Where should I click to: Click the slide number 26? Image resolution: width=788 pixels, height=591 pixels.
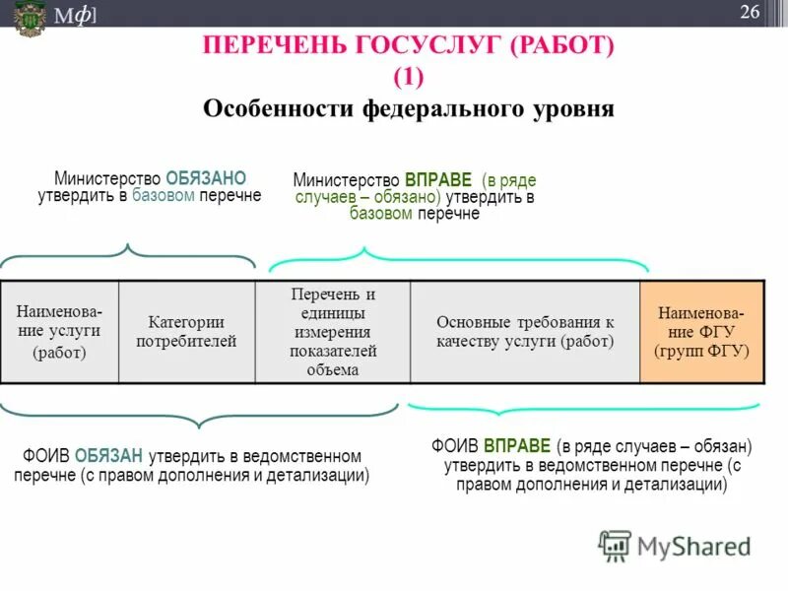[751, 11]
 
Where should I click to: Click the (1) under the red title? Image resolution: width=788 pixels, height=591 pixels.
[408, 77]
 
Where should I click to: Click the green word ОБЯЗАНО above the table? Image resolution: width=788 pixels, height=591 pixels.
[206, 178]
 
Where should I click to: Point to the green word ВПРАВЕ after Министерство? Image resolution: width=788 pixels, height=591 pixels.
[438, 181]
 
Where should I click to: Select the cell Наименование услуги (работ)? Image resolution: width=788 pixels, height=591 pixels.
[60, 332]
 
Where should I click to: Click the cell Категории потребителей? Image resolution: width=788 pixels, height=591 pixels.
[187, 332]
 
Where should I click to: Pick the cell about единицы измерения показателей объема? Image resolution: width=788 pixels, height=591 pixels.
[333, 332]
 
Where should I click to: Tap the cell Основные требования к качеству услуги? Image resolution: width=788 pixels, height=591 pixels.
[525, 332]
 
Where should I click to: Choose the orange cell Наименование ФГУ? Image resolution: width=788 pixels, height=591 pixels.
[701, 332]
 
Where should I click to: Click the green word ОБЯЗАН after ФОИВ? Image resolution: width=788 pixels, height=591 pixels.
[109, 456]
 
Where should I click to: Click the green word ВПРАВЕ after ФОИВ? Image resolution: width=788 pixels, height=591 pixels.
[518, 445]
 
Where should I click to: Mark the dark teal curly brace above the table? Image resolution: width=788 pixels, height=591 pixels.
[128, 255]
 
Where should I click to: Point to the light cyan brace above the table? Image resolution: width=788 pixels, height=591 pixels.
[459, 258]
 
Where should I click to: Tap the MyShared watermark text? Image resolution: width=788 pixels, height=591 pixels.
[693, 546]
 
